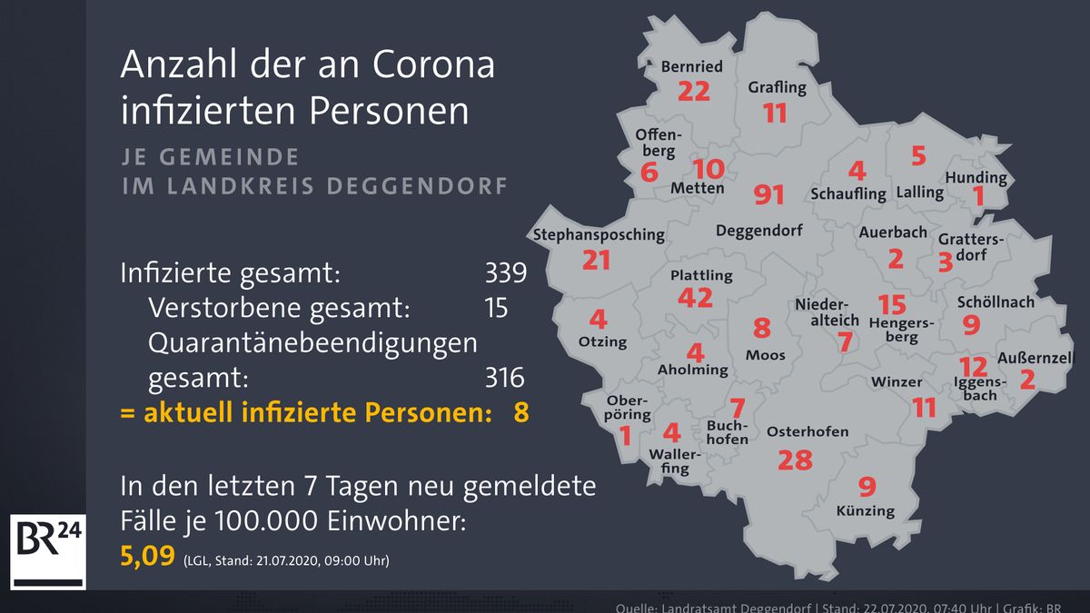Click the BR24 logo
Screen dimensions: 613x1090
[x=47, y=551]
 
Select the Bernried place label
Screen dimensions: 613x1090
[x=691, y=66]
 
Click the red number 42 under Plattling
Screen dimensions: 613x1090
[x=695, y=298]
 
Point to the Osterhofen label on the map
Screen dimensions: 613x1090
[x=808, y=431]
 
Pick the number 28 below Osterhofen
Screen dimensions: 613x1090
[x=795, y=460]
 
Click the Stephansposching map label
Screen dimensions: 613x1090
[x=599, y=234]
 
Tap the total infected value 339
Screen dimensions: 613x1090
[x=505, y=272]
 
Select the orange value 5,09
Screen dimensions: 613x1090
[x=146, y=555]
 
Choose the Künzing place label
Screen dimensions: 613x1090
[x=865, y=510]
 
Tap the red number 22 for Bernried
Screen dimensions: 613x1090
[x=693, y=92]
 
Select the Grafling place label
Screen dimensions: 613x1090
[x=777, y=88]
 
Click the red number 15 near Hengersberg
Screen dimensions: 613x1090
[x=892, y=304]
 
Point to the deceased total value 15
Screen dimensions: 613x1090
[x=496, y=307]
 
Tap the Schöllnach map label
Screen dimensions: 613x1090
[x=996, y=302]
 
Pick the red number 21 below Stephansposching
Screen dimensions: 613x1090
[x=596, y=261]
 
